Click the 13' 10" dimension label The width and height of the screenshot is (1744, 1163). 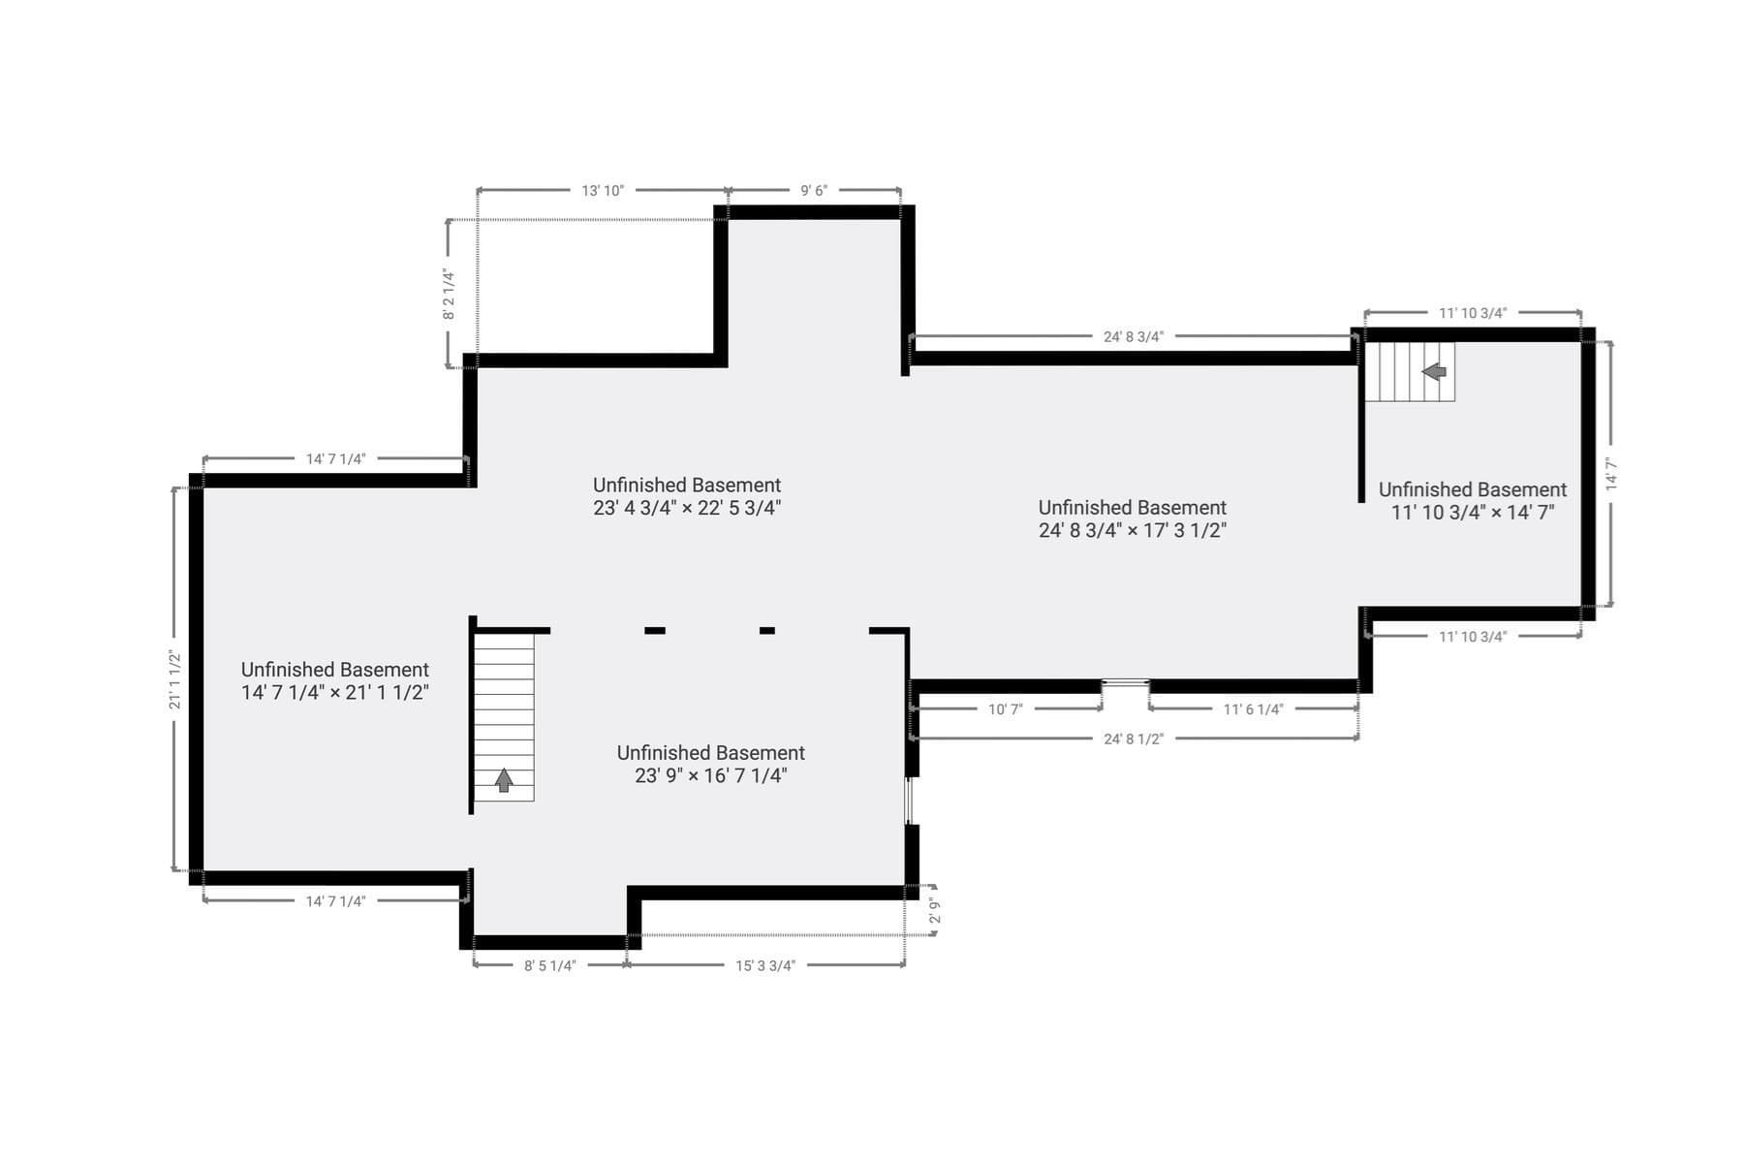pyautogui.click(x=603, y=191)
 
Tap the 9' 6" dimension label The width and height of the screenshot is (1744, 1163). pyautogui.click(x=814, y=191)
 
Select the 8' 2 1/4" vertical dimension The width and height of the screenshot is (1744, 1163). pyautogui.click(x=449, y=295)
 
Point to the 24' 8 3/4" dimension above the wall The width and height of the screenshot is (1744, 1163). pyautogui.click(x=1134, y=337)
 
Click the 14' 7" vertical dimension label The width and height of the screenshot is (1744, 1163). pyautogui.click(x=1611, y=474)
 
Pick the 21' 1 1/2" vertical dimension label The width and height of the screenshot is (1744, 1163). pyautogui.click(x=175, y=679)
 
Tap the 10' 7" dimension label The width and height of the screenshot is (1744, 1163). pyautogui.click(x=1006, y=709)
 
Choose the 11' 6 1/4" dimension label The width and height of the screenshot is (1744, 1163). pyautogui.click(x=1253, y=709)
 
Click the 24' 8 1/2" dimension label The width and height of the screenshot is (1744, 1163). pyautogui.click(x=1134, y=739)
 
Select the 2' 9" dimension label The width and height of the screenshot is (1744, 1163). pyautogui.click(x=935, y=911)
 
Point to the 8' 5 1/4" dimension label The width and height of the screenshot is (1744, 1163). pyautogui.click(x=550, y=966)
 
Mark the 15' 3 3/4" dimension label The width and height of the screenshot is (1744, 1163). pyautogui.click(x=765, y=966)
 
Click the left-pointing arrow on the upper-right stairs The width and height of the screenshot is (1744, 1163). pyautogui.click(x=1434, y=371)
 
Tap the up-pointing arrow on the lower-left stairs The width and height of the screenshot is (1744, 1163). pyautogui.click(x=504, y=780)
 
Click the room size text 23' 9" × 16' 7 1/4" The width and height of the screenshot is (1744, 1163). pyautogui.click(x=711, y=775)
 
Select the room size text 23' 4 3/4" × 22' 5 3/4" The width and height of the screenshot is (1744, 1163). pyautogui.click(x=687, y=508)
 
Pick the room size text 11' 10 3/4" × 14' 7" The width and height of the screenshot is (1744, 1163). pyautogui.click(x=1473, y=513)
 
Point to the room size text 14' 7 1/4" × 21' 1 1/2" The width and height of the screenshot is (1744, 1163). pyautogui.click(x=335, y=692)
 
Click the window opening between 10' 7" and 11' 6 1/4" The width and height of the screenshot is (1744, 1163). pyautogui.click(x=1126, y=684)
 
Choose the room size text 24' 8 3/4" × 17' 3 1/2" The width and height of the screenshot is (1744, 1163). pyautogui.click(x=1133, y=530)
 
